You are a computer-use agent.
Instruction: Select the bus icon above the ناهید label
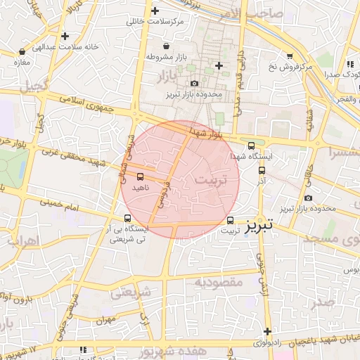pos(139,176)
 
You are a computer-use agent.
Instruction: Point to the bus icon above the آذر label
pos(262,169)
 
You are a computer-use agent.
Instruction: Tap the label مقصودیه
pos(218,282)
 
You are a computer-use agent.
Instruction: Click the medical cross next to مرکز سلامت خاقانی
pos(155,11)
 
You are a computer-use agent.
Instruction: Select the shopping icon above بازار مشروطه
pos(165,46)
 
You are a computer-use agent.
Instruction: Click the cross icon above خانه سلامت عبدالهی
pos(65,36)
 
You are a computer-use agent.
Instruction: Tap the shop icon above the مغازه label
pos(22,51)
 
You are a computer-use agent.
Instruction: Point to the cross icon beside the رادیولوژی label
pos(267,331)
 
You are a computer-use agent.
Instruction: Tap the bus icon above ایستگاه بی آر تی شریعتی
pos(127,218)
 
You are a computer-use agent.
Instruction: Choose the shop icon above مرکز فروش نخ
pos(289,56)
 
